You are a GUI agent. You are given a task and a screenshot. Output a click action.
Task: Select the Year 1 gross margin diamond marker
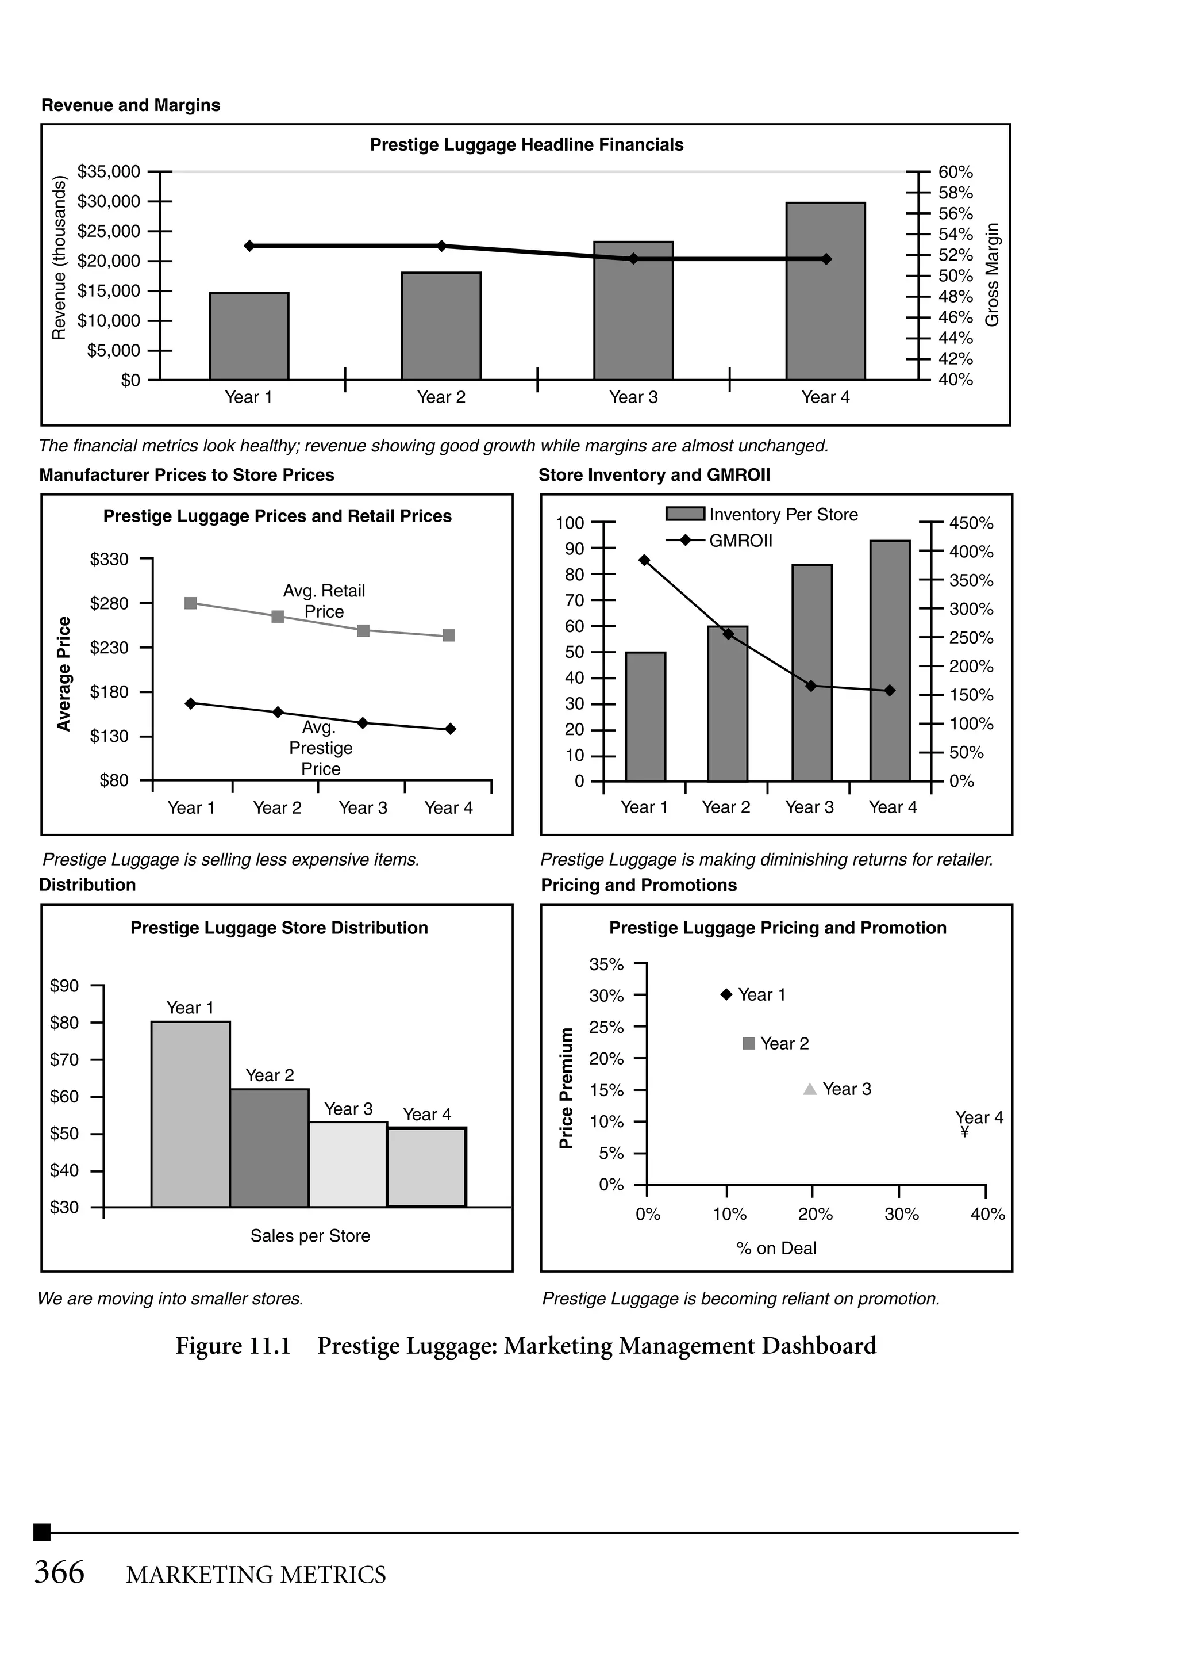click(249, 246)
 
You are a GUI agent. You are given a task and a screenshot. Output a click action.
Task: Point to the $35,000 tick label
click(109, 172)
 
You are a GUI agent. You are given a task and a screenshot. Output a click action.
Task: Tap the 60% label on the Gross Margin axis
click(955, 172)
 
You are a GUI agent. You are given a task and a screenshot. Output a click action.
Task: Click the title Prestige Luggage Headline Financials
click(526, 145)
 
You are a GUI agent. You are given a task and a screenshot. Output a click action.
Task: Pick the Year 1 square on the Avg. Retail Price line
click(191, 603)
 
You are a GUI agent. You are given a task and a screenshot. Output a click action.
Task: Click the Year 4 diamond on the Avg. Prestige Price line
click(450, 729)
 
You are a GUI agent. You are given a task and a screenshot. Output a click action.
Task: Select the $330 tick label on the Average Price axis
click(109, 559)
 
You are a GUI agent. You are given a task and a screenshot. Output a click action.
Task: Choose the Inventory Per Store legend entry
click(761, 514)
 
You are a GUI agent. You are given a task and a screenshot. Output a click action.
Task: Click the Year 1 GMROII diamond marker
click(644, 560)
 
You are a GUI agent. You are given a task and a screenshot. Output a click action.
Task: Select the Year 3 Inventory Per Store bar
click(811, 672)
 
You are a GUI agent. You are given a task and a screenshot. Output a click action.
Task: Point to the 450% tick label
click(971, 523)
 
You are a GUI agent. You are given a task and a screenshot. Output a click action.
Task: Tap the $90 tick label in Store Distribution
click(64, 985)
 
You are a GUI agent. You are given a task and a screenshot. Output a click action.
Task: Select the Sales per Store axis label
click(310, 1235)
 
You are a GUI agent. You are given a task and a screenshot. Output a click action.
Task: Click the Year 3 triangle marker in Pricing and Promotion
click(810, 1089)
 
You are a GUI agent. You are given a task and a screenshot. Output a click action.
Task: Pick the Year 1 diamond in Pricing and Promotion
click(726, 994)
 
